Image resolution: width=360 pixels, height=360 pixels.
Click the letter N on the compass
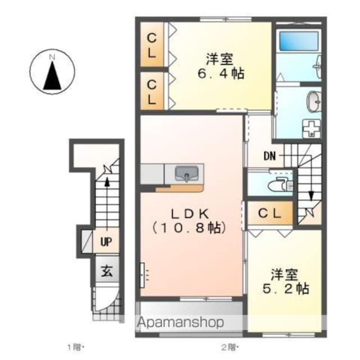point(52,57)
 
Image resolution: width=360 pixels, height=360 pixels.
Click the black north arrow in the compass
point(52,75)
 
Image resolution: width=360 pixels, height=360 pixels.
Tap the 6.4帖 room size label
point(220,74)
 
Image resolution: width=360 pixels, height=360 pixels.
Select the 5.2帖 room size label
point(286,289)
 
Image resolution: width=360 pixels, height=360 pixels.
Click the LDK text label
point(190,214)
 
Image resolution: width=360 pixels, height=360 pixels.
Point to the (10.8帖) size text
point(190,228)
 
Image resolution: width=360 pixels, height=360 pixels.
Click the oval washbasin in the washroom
point(314,101)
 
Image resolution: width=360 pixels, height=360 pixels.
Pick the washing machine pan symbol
point(312,129)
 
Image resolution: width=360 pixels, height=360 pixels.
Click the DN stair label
point(269,156)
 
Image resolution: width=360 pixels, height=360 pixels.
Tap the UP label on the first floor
point(106,241)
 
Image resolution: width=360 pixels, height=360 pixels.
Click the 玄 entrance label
point(107,271)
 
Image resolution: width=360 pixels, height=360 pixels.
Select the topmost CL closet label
point(151,46)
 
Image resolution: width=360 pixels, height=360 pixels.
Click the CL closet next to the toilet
point(269,214)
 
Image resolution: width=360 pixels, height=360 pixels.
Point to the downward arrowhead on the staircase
point(311,196)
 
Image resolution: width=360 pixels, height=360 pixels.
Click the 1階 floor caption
point(75,347)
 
